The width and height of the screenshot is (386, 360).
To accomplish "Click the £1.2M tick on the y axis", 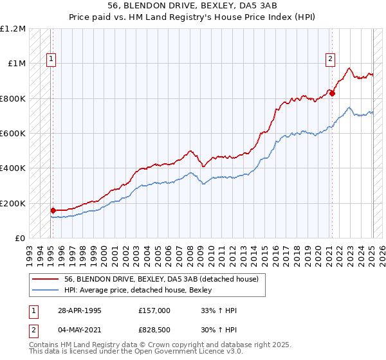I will coord(13,29).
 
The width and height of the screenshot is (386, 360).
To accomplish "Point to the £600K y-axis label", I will coord(13,134).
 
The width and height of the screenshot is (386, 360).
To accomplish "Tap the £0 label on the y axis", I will coord(20,239).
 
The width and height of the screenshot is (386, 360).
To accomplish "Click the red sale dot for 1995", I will coord(53,210).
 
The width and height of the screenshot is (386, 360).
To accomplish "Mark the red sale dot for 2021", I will coord(333,93).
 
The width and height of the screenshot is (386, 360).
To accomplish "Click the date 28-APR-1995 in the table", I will coord(80,310).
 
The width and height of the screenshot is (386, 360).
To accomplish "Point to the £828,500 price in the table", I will coord(154,330).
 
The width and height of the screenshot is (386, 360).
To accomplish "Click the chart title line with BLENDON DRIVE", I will coord(193,6).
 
